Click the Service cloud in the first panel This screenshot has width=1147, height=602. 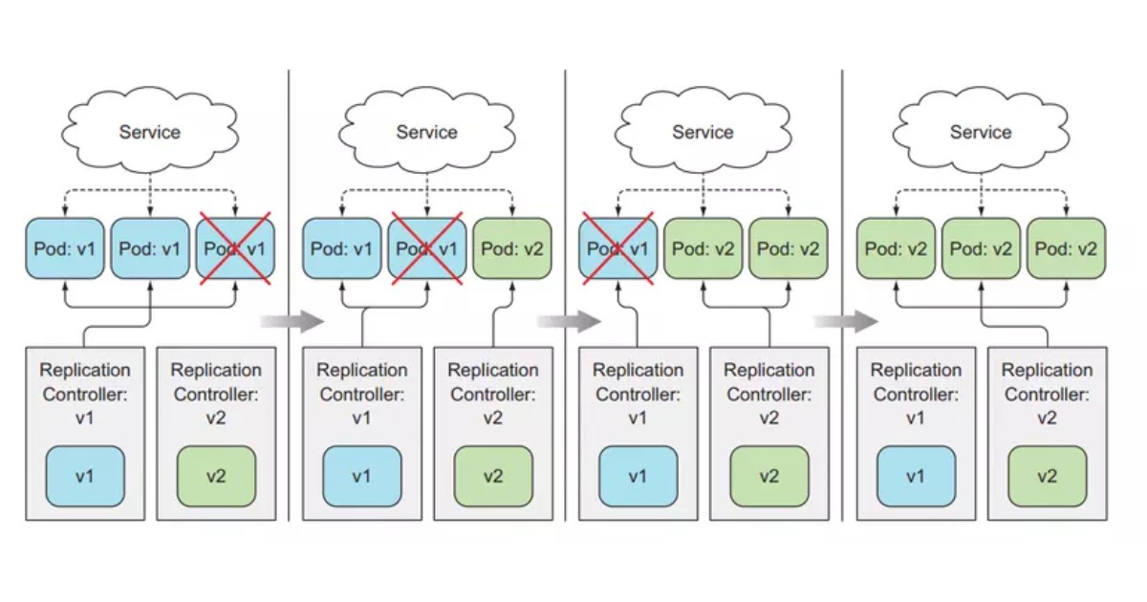point(149,132)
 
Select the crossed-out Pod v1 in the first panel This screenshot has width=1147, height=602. point(235,248)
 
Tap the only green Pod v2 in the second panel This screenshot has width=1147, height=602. point(511,248)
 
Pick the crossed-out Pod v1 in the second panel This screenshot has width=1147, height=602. point(427,248)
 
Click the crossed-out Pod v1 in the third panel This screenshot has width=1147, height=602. point(617,248)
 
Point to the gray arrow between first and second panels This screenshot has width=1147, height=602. point(292,321)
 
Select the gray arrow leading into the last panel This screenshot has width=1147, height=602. point(845,321)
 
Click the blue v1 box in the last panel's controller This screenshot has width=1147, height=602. point(915,476)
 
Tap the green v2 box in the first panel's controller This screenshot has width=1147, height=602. point(216,476)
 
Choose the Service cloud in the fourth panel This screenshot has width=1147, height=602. point(980,132)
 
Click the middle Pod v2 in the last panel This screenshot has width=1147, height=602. point(981,248)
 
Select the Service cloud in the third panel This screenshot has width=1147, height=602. point(703,132)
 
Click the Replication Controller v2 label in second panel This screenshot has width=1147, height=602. point(492,393)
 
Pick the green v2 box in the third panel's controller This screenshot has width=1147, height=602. point(769,476)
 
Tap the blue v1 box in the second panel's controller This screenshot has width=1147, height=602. point(361,476)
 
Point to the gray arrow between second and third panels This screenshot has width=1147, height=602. point(569,321)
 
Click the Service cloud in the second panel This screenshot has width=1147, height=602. point(426,132)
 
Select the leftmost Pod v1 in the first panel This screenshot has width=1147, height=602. point(65,248)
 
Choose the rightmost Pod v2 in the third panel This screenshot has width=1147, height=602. point(788,248)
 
